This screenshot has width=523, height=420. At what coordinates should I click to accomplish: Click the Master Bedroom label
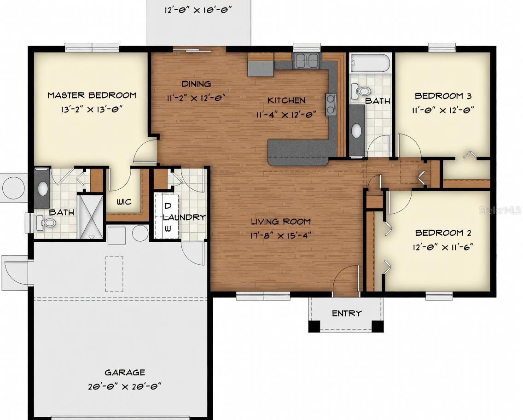pos(92,95)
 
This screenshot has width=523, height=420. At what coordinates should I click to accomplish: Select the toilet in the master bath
pos(47,223)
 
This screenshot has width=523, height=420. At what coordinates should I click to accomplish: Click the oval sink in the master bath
pos(42,188)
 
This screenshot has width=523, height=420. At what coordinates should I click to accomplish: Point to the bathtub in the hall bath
pos(370,63)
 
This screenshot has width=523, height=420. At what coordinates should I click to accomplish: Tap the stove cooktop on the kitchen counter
pos(331,104)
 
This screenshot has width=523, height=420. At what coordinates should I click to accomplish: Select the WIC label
pos(124,202)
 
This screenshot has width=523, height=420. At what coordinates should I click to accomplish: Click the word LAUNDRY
pos(184,217)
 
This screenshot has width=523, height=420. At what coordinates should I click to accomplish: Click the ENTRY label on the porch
pos(347,313)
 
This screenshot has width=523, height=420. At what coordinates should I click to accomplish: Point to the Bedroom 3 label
pos(443,96)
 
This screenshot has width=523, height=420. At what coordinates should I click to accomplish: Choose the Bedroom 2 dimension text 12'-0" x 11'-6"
pos(443,247)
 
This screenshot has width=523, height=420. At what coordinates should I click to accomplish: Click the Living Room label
pos(281,222)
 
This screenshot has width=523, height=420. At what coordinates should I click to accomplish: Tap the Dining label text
pos(196,84)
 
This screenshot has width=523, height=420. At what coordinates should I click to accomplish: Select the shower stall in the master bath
pos(90,216)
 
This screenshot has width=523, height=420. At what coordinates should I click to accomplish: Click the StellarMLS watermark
pos(500,210)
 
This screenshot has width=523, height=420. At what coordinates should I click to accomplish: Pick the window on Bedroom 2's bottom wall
pos(439,296)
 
